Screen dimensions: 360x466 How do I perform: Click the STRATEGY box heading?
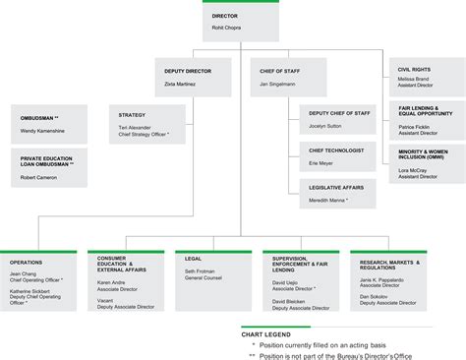pos(132,115)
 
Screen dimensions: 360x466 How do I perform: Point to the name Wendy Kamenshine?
pos(43,130)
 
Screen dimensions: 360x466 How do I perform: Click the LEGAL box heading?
pos(193,259)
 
